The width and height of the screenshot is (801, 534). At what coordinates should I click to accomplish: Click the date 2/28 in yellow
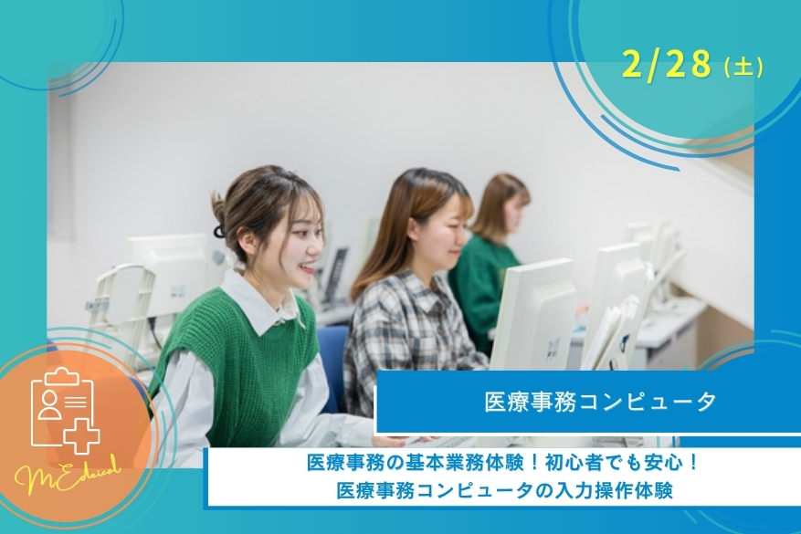[x=666, y=64]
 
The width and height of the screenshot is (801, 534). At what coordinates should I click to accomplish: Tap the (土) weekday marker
[x=742, y=67]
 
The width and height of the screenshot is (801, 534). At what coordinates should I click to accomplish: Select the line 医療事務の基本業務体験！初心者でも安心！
[x=503, y=465]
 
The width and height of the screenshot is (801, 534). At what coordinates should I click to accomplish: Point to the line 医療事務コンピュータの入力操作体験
[x=504, y=491]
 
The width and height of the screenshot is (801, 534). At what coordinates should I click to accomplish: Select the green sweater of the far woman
[x=480, y=283]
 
